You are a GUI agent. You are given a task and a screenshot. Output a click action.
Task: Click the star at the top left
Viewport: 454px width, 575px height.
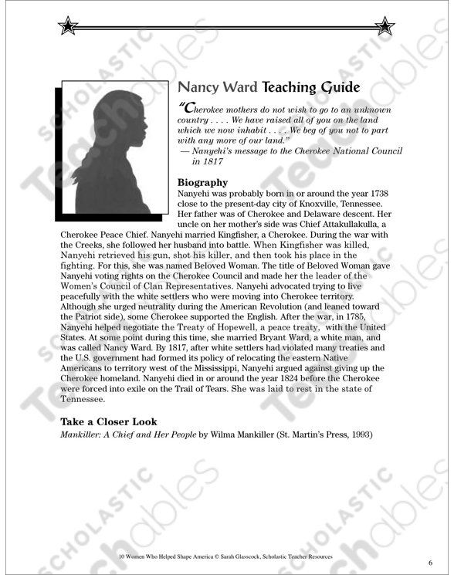point(68,27)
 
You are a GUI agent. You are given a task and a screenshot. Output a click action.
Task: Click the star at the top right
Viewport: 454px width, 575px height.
point(384,27)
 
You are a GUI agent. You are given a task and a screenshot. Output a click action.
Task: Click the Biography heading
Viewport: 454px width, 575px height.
point(202,183)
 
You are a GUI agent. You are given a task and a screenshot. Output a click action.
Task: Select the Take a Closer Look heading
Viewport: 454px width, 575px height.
point(109,422)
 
